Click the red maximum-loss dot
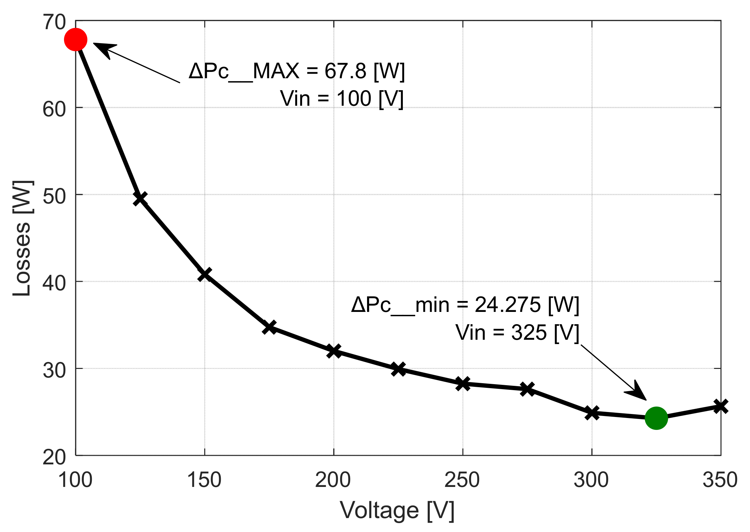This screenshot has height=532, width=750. [x=76, y=39]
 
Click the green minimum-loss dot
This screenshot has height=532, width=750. [x=656, y=418]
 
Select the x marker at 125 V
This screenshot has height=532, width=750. [x=140, y=198]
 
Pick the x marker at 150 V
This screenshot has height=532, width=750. [x=205, y=274]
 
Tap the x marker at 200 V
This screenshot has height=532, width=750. [x=334, y=351]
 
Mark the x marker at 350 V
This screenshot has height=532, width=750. [x=720, y=406]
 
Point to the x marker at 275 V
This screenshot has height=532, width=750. [x=527, y=389]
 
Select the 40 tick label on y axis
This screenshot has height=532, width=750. [x=54, y=283]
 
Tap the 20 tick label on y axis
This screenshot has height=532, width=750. [x=54, y=457]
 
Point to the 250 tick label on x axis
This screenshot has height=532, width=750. [x=462, y=480]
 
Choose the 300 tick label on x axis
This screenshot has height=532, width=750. [x=591, y=480]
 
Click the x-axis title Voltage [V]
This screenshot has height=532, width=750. [x=397, y=510]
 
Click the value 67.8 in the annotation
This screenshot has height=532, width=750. [x=345, y=71]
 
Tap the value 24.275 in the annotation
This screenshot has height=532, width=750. [x=508, y=305]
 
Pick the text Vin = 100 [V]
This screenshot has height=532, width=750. [x=342, y=98]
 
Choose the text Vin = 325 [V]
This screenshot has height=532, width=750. [x=517, y=332]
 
